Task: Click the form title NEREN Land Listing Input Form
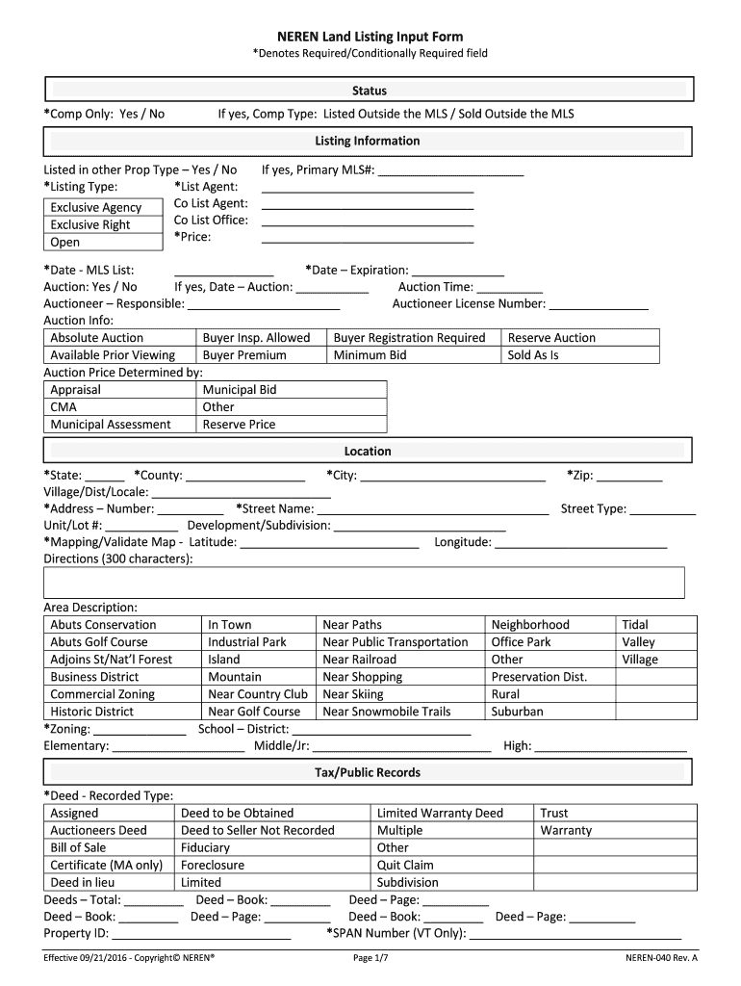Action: [x=370, y=37]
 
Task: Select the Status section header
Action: [x=369, y=91]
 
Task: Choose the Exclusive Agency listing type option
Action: [x=96, y=208]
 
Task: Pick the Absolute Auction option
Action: [x=96, y=338]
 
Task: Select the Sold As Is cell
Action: [x=533, y=355]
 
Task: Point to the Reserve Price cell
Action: [x=239, y=425]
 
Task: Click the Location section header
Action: [x=369, y=451]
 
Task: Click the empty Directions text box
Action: [x=364, y=583]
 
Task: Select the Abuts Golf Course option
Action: [x=99, y=642]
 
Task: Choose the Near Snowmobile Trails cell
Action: [x=387, y=712]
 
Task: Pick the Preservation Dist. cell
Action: [x=539, y=677]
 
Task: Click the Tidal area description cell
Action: [x=635, y=625]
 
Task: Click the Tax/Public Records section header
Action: [x=369, y=772]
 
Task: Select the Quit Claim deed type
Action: [x=405, y=866]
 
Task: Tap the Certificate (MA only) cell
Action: [x=106, y=866]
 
